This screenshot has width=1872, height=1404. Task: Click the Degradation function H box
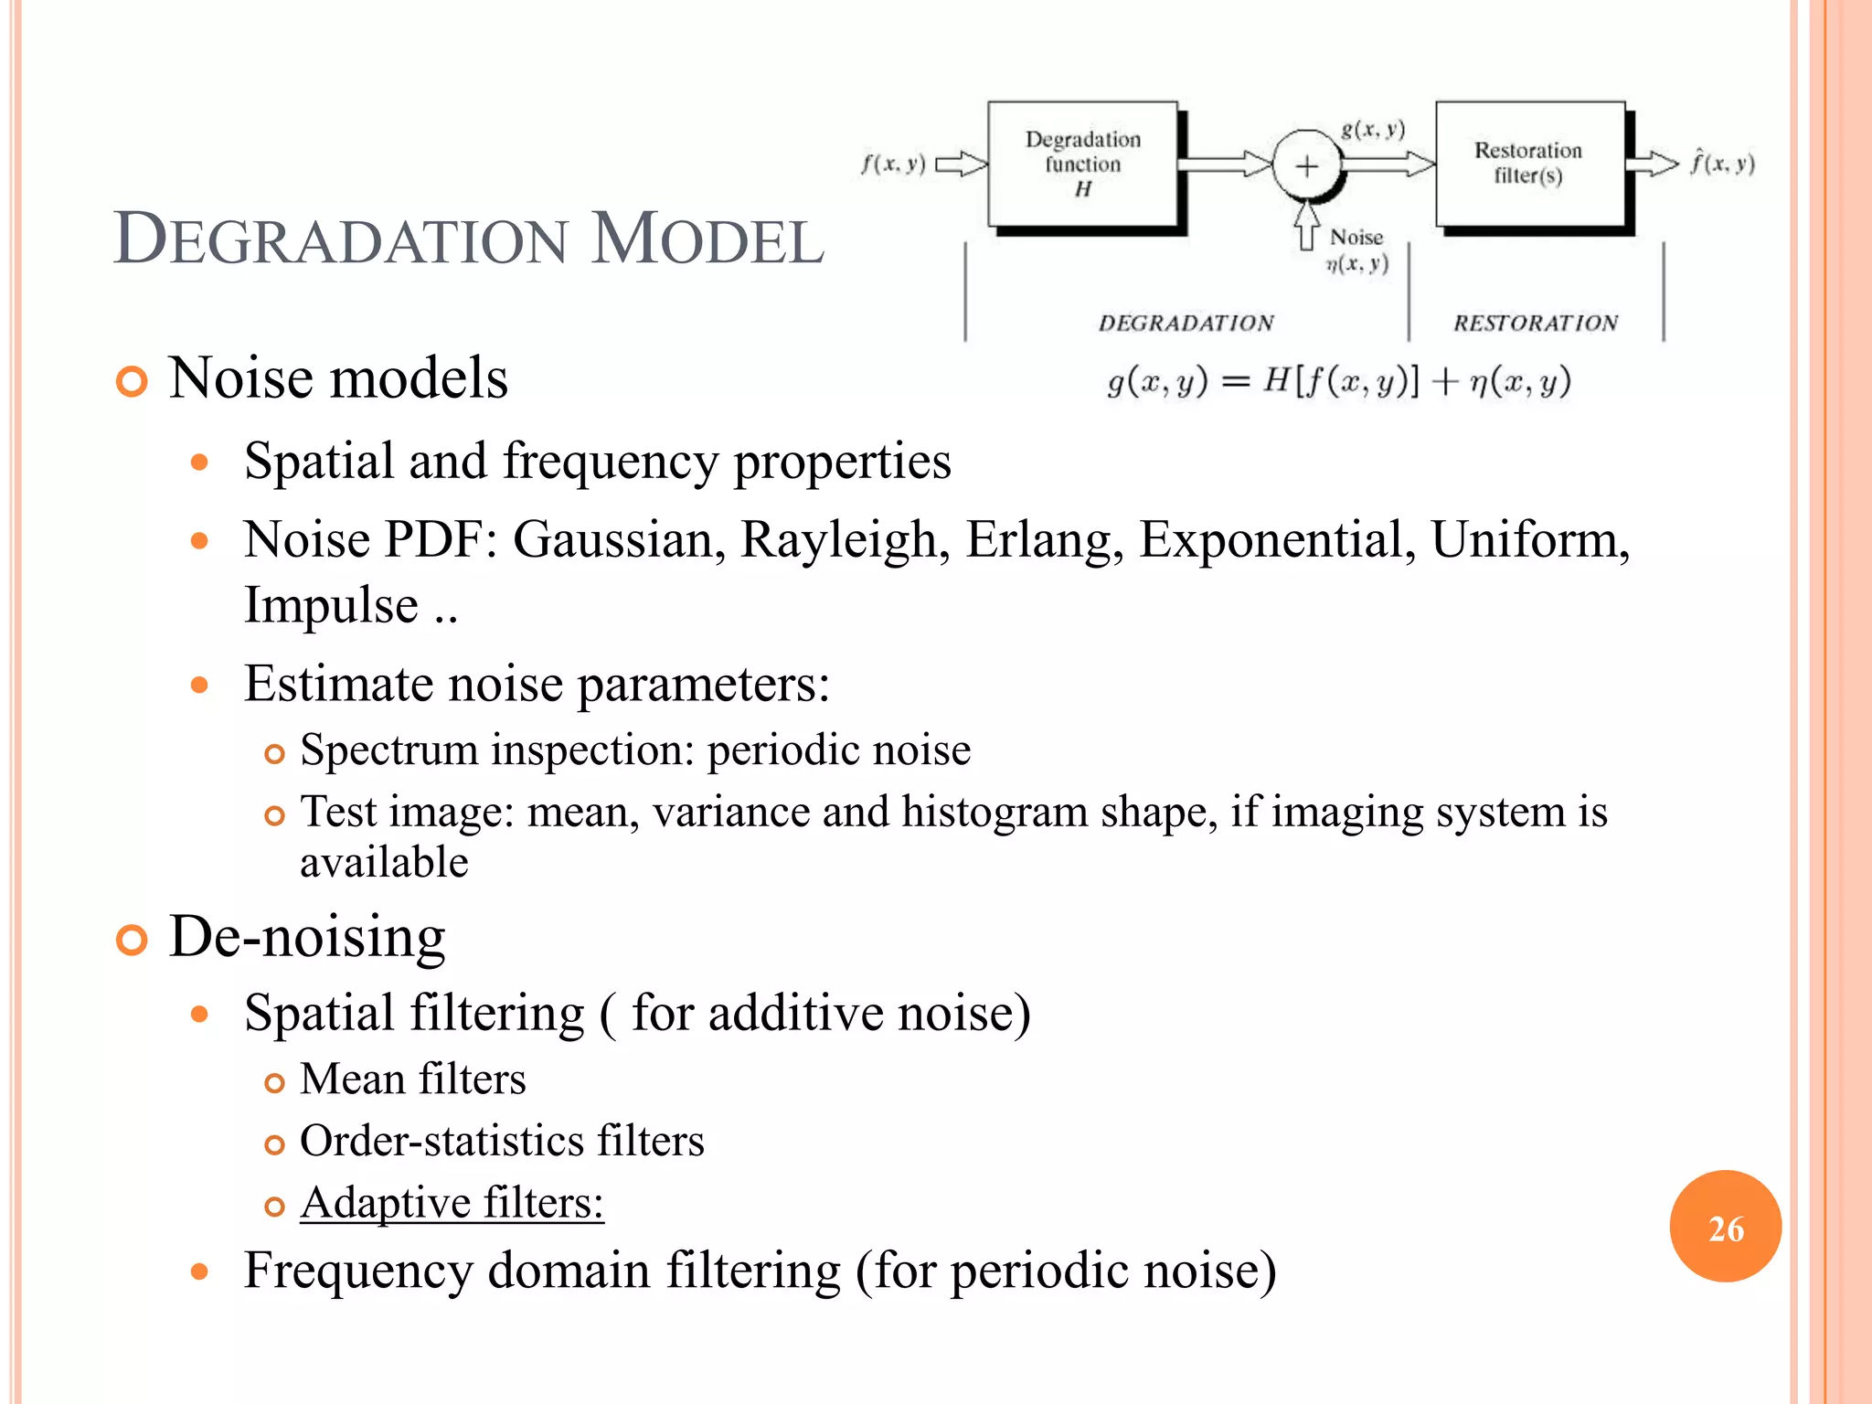click(x=1082, y=164)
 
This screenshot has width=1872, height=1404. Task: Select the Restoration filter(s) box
click(x=1529, y=164)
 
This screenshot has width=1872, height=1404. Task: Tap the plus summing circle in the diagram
click(x=1307, y=165)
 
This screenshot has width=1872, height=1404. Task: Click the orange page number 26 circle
click(x=1725, y=1227)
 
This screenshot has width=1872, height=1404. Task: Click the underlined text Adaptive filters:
click(x=452, y=1203)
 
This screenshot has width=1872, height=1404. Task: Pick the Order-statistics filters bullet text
click(x=502, y=1141)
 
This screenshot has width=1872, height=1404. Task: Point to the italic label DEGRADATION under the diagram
click(x=1186, y=323)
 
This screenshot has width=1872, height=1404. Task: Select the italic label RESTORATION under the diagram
click(x=1536, y=323)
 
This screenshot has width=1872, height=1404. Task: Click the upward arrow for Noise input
click(x=1307, y=225)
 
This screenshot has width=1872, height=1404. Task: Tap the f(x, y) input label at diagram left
click(x=893, y=165)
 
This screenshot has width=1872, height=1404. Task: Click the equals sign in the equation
click(x=1235, y=382)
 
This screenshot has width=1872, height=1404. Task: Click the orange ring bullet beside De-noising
click(x=132, y=940)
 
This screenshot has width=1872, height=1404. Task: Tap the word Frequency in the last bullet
click(x=356, y=1271)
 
